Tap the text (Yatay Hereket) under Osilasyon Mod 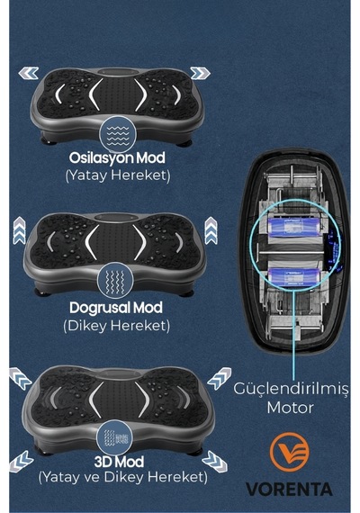tap(118, 175)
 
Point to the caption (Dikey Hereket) tap(117, 326)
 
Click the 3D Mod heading tap(119, 462)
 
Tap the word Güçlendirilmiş tap(291, 390)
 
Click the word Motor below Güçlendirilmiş tap(291, 408)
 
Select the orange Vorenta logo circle tap(289, 452)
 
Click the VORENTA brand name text tap(289, 490)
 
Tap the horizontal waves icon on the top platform tap(118, 135)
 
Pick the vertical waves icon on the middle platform tap(115, 281)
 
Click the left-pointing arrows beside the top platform tap(29, 73)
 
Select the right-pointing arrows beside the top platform tap(200, 73)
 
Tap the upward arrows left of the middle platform tap(19, 230)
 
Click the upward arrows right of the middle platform tap(211, 230)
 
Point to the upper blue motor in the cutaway tap(295, 228)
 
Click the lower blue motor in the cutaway tap(294, 277)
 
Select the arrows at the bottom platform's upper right tap(220, 379)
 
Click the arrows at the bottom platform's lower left tap(22, 462)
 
